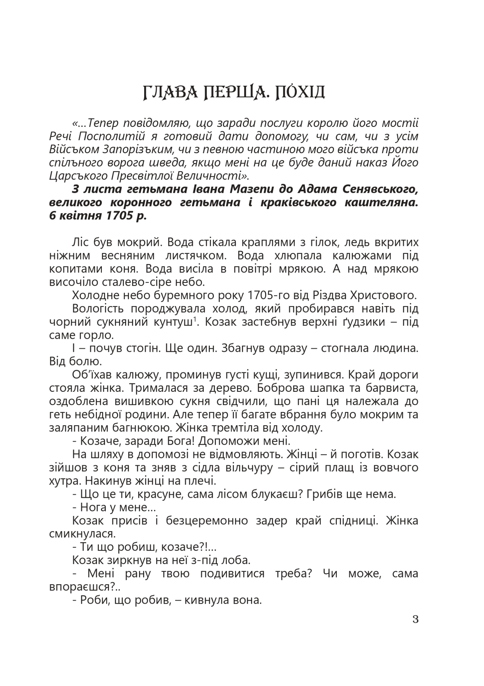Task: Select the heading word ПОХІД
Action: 298,93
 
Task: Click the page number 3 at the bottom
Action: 416,619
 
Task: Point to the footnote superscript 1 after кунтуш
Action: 195,319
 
